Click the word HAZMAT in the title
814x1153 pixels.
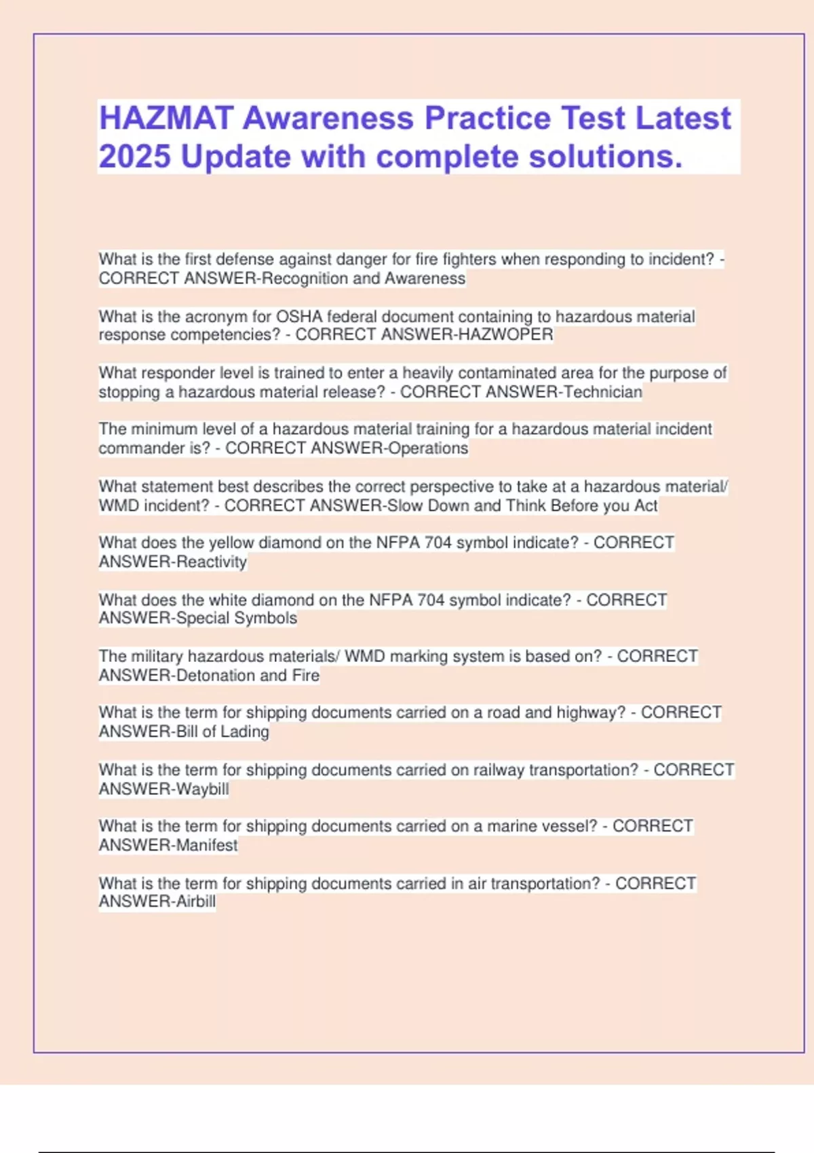click(x=166, y=118)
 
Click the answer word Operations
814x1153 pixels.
click(x=427, y=448)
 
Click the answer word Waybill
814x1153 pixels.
click(x=202, y=789)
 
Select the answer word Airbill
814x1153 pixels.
click(x=195, y=901)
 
